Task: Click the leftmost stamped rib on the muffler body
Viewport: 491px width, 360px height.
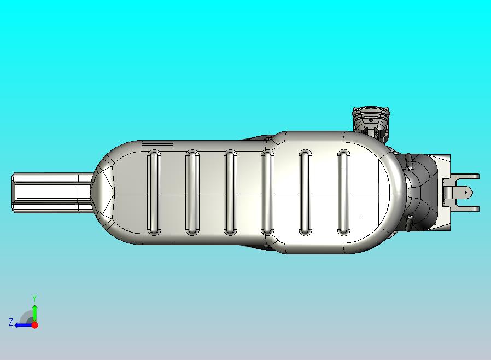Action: (x=154, y=193)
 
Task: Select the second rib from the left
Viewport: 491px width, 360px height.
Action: (x=192, y=193)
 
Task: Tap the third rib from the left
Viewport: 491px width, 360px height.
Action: (x=231, y=193)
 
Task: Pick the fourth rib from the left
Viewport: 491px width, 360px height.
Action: (x=267, y=193)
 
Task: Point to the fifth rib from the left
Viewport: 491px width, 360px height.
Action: (x=305, y=193)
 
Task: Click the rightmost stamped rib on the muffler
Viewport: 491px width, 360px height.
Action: (x=343, y=193)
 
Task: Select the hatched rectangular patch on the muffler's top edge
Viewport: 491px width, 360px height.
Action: (x=157, y=145)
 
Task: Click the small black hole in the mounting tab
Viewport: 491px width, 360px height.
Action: (x=466, y=193)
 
